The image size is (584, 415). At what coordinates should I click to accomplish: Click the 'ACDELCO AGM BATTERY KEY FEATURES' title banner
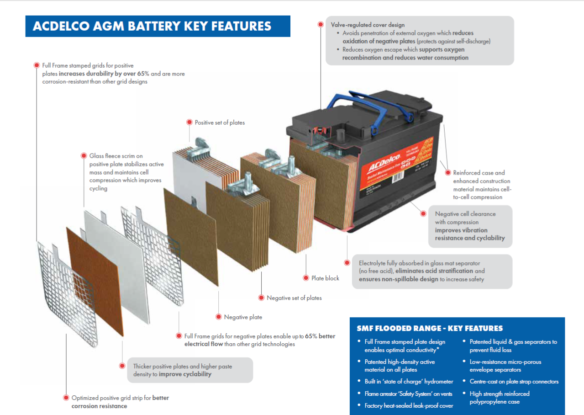(152, 27)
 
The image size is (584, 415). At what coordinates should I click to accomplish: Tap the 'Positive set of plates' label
(220, 122)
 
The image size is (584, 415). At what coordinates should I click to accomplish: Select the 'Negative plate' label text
(243, 317)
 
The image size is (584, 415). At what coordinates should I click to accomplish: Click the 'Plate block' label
(325, 278)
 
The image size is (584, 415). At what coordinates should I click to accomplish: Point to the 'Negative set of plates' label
(294, 298)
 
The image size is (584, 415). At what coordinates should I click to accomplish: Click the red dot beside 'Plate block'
(306, 278)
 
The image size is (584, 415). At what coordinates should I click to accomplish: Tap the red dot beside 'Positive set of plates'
(189, 122)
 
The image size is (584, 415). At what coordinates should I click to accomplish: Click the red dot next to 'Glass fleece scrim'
(84, 155)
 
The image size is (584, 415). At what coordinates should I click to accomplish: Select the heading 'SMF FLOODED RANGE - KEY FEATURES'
(429, 328)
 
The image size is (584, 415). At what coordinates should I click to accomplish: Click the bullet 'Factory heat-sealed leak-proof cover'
(409, 405)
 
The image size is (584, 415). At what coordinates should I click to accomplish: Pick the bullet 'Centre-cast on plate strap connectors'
(514, 381)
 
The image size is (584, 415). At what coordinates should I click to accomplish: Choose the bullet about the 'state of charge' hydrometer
(409, 381)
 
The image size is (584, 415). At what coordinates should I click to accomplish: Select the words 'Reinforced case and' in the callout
(479, 173)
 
